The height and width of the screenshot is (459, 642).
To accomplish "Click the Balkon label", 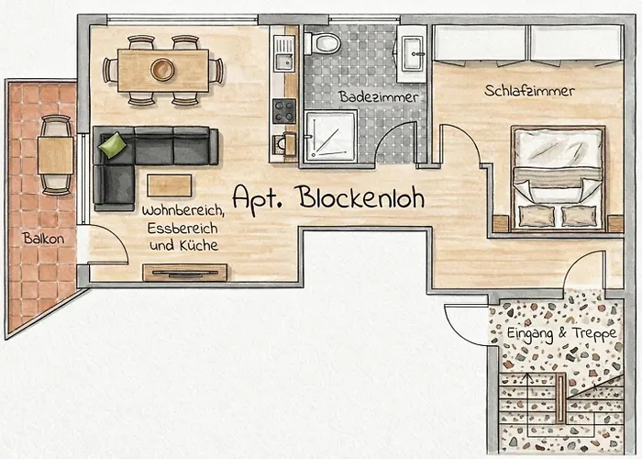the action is tap(43, 239).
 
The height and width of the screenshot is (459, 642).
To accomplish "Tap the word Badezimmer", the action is tap(378, 96).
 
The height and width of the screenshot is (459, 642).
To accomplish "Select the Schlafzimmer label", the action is tap(529, 91).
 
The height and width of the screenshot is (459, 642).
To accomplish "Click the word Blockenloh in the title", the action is tap(361, 197).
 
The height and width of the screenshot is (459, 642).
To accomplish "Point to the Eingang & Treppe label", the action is tap(561, 333).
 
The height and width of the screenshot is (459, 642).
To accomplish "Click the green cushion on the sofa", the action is tap(113, 145).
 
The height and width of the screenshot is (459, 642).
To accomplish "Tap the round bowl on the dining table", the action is tap(162, 70).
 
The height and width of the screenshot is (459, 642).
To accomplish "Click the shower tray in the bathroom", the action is tap(331, 137).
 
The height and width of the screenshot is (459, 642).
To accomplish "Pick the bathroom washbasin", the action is tap(413, 53).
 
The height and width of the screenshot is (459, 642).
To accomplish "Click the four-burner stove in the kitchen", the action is tap(284, 111).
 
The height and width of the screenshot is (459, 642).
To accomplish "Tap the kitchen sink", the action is tap(283, 53).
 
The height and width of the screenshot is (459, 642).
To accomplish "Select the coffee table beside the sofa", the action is tap(170, 185).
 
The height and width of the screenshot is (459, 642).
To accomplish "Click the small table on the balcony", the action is tap(56, 155).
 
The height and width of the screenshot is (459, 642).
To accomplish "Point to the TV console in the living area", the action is tap(184, 273).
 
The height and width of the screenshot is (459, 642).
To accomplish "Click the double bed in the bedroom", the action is tap(558, 179).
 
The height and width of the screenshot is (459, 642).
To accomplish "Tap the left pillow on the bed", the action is tap(537, 216).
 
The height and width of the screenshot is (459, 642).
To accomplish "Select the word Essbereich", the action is tap(183, 229).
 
